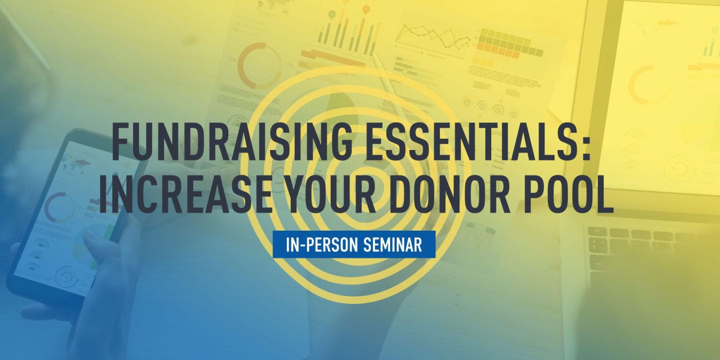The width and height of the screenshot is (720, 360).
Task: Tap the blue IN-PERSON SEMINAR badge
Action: click(x=354, y=244)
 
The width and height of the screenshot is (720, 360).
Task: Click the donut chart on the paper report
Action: click(x=259, y=66)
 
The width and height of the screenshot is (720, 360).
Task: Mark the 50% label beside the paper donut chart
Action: click(x=232, y=60)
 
